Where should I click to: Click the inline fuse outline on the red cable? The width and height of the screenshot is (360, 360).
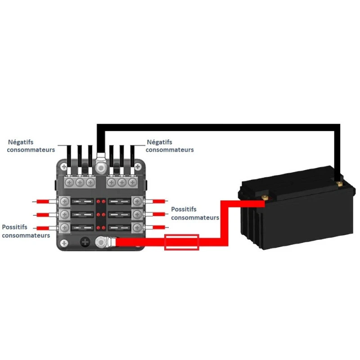pyautogui.click(x=182, y=242)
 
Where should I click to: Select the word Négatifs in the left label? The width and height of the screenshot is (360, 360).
pyautogui.click(x=21, y=142)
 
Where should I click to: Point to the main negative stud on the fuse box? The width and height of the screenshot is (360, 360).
pyautogui.click(x=101, y=167)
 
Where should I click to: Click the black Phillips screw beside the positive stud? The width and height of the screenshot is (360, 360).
pyautogui.click(x=85, y=243)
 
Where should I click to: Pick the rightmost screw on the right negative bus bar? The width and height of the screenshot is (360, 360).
pyautogui.click(x=132, y=182)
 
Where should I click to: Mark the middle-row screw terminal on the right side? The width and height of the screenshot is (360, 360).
pyautogui.click(x=137, y=214)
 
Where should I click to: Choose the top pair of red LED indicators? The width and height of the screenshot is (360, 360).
pyautogui.click(x=101, y=202)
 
